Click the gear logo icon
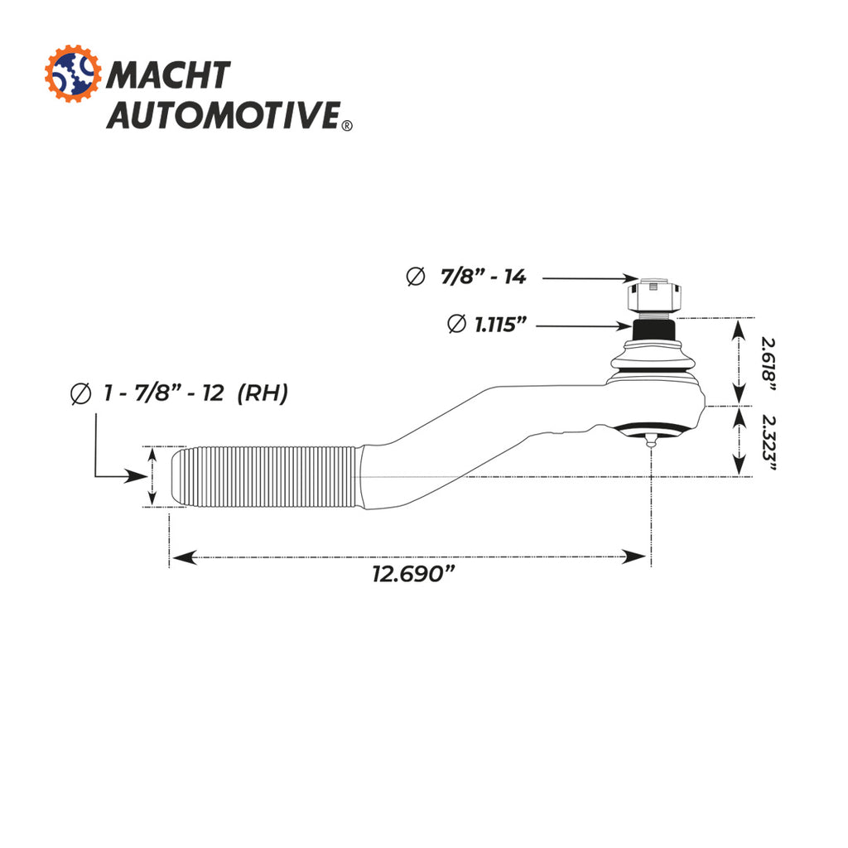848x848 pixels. click(73, 74)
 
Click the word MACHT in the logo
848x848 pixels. click(168, 75)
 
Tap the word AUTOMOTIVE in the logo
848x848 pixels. click(224, 114)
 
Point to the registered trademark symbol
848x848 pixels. click(347, 126)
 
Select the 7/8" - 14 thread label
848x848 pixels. click(483, 277)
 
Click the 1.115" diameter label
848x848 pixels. click(500, 325)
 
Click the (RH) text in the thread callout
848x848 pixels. click(263, 393)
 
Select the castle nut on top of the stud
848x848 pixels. click(654, 296)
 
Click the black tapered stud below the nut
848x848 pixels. click(654, 330)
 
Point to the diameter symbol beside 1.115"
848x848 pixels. click(457, 324)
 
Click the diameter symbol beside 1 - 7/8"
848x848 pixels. click(81, 393)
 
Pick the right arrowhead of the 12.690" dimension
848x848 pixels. click(634, 557)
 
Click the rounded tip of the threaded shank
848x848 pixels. click(176, 476)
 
